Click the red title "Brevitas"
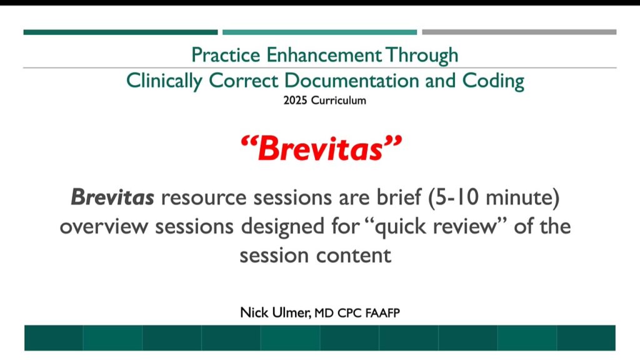[x=321, y=147]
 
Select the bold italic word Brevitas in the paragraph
[x=112, y=197]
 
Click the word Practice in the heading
[x=226, y=55]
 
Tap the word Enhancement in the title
[x=324, y=55]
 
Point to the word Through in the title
[x=422, y=56]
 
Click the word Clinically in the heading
[x=164, y=81]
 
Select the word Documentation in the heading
[x=351, y=81]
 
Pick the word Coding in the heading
[x=493, y=81]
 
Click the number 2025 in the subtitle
[x=296, y=101]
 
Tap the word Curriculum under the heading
[x=338, y=101]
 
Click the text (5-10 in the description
[x=454, y=197]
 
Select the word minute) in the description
[x=523, y=197]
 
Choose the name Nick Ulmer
[x=275, y=312]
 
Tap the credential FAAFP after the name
[x=382, y=313]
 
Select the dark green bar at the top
[x=121, y=32]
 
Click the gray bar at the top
[x=519, y=32]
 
